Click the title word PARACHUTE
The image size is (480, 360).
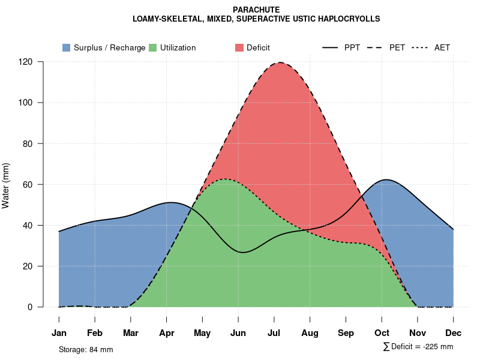tap(256, 10)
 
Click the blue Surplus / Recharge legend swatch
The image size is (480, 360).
tap(66, 47)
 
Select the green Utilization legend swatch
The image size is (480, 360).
tap(152, 47)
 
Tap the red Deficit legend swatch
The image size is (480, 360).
tap(239, 47)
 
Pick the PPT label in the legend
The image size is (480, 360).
tap(352, 47)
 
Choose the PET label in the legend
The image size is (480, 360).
tap(397, 47)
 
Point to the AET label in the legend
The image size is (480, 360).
tap(442, 47)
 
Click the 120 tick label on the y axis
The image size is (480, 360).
tap(25, 62)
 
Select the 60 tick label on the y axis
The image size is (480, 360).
tap(28, 184)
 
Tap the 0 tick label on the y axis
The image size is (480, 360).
tap(30, 307)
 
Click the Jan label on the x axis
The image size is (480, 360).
tap(59, 333)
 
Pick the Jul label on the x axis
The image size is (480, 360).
tap(274, 333)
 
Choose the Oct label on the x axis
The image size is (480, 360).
tap(382, 333)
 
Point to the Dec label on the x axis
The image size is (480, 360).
tap(454, 333)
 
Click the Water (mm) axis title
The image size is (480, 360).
tap(6, 185)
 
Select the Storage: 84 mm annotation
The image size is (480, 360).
tap(86, 349)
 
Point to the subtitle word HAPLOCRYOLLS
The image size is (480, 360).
tap(349, 19)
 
